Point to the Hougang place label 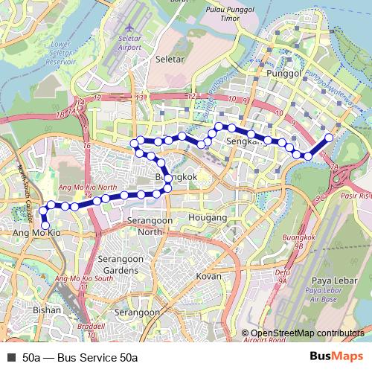(209, 218)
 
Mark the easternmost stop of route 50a (330, 138)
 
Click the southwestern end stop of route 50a (45, 225)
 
